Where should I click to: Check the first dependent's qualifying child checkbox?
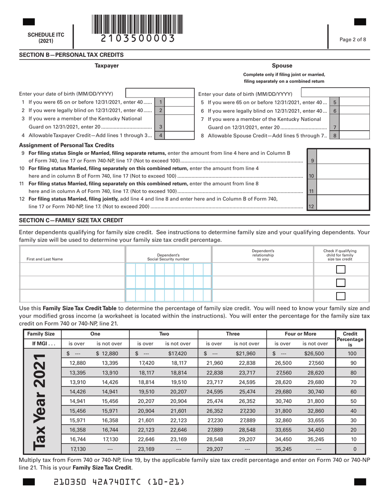(x=340, y=270)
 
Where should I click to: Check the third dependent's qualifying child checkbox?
(x=340, y=296)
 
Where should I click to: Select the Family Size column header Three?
(x=233, y=322)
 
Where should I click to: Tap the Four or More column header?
(x=301, y=322)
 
